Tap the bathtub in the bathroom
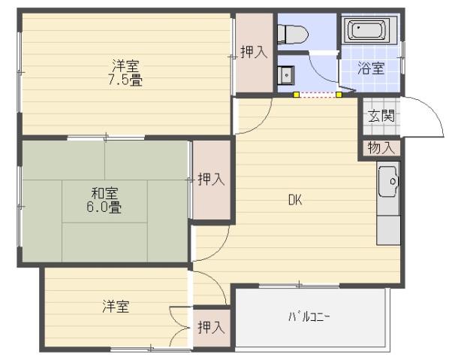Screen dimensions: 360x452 pyautogui.click(x=366, y=32)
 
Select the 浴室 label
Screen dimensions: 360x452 pyautogui.click(x=371, y=68)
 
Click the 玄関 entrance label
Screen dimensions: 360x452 pyautogui.click(x=380, y=116)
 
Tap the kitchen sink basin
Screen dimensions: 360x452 pyautogui.click(x=389, y=181)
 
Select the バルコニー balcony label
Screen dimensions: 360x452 pyautogui.click(x=309, y=316)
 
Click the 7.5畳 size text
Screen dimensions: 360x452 pyautogui.click(x=126, y=79)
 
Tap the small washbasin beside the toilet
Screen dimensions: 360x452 pyautogui.click(x=287, y=75)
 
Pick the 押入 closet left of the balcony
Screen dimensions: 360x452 pyautogui.click(x=210, y=327)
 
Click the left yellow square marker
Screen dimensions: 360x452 pyautogui.click(x=297, y=95)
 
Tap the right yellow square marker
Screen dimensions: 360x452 pyautogui.click(x=339, y=95)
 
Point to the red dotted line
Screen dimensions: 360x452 pyautogui.click(x=318, y=95)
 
